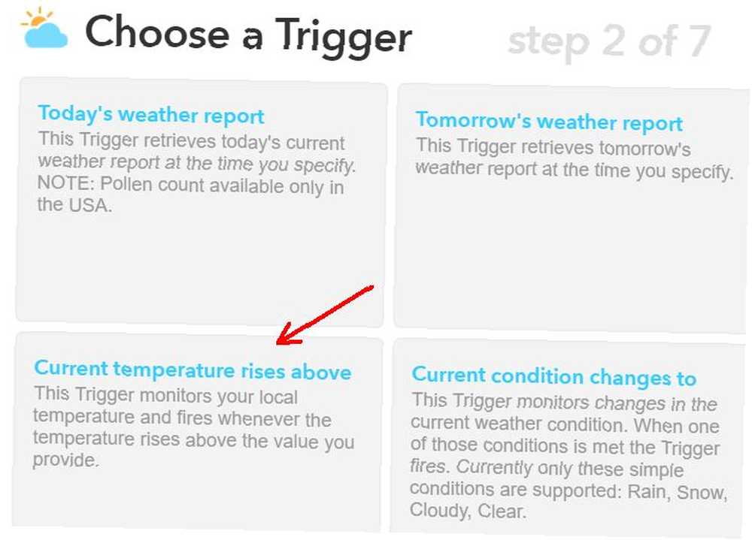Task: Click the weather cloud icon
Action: coord(46,35)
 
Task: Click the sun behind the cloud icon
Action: coord(35,18)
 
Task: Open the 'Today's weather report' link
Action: coord(151,114)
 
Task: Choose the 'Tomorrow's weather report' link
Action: coord(549,121)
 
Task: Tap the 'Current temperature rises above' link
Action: coord(193,370)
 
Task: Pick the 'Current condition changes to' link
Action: coord(554,376)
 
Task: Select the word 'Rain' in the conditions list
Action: coord(649,491)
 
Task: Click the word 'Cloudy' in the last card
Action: coord(440,511)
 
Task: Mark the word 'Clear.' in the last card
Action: coord(502,511)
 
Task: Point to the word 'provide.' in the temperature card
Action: coord(65,460)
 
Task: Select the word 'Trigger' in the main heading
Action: coord(344,36)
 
